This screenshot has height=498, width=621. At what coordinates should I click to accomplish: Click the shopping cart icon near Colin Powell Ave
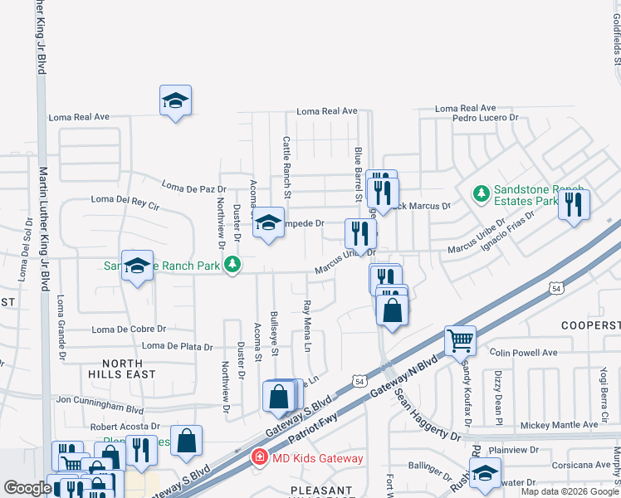click(x=460, y=339)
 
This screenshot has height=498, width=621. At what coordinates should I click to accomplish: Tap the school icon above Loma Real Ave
click(x=175, y=101)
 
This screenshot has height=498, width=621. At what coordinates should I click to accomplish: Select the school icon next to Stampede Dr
click(x=268, y=223)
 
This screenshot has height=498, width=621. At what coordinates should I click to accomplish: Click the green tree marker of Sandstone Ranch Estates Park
click(x=480, y=194)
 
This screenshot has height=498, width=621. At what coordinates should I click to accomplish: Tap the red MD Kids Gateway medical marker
click(x=259, y=457)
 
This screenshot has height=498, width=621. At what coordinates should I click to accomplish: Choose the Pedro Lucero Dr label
click(x=485, y=119)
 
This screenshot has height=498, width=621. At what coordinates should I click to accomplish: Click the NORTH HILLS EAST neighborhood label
click(x=129, y=369)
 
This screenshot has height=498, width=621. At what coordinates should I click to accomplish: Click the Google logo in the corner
click(x=27, y=488)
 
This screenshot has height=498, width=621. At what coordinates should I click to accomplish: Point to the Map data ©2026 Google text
click(x=569, y=491)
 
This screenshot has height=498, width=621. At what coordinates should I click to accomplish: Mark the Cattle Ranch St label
click(x=287, y=167)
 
